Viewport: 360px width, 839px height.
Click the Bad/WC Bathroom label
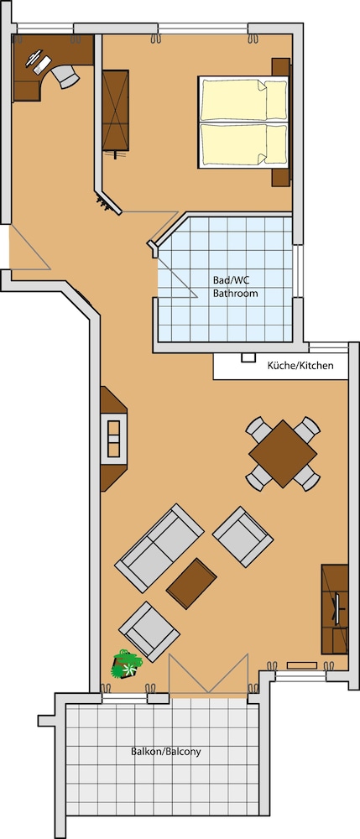point(235,287)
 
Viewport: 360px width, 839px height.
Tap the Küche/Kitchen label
point(300,366)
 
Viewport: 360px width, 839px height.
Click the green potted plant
point(126,664)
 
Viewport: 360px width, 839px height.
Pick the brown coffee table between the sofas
point(191,583)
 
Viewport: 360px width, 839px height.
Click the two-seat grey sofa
point(159,548)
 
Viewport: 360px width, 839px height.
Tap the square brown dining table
point(283,454)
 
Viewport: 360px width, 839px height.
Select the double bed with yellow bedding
point(244,122)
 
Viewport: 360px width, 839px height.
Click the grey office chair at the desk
point(65,75)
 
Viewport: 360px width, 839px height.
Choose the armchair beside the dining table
point(243,537)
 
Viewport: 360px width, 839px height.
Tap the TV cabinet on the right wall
point(335,609)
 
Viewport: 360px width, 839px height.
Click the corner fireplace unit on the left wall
point(113,439)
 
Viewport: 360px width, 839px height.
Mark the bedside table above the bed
point(281,67)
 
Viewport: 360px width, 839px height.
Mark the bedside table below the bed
point(281,178)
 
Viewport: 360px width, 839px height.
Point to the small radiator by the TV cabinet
point(302,665)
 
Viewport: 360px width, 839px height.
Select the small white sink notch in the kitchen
point(248,358)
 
